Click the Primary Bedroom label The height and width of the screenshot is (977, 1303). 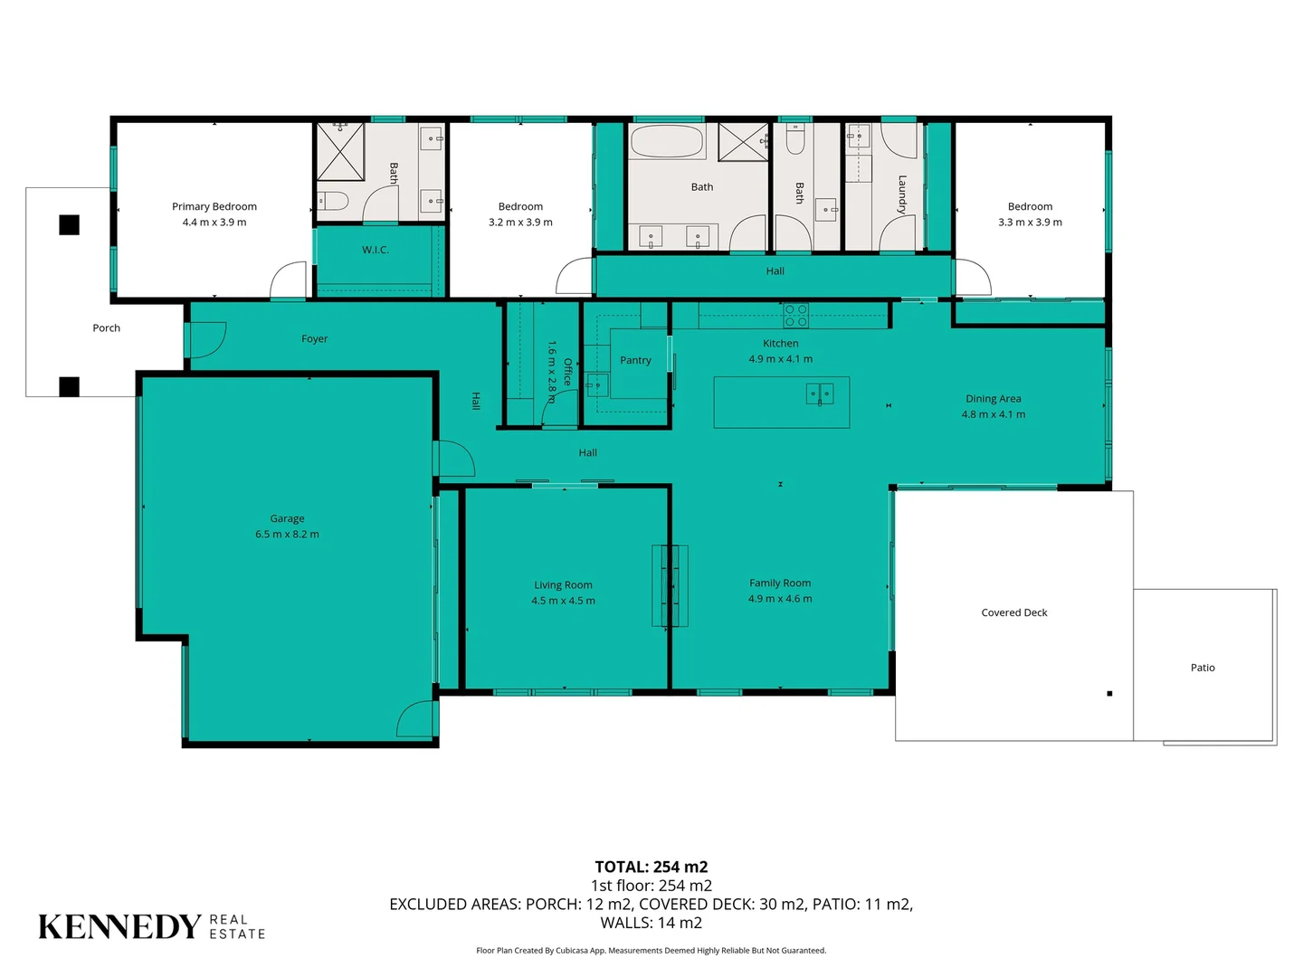pyautogui.click(x=214, y=206)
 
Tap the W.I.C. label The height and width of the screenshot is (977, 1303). pyautogui.click(x=376, y=250)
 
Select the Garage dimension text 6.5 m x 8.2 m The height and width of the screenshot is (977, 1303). pyautogui.click(x=288, y=534)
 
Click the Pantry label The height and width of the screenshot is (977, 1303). pyautogui.click(x=635, y=360)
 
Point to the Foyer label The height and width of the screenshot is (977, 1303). pyautogui.click(x=314, y=338)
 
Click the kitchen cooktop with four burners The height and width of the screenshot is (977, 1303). pyautogui.click(x=795, y=316)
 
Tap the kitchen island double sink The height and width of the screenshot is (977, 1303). pyautogui.click(x=820, y=394)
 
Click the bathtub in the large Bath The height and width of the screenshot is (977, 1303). pyautogui.click(x=667, y=141)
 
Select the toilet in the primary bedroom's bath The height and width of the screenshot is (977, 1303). pyautogui.click(x=332, y=201)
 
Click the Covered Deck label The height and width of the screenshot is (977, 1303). pyautogui.click(x=1014, y=612)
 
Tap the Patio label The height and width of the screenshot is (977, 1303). pyautogui.click(x=1203, y=668)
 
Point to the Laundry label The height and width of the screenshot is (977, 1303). pyautogui.click(x=902, y=194)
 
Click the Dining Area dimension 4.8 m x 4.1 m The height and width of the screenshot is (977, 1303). pyautogui.click(x=994, y=414)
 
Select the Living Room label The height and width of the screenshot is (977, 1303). pyautogui.click(x=563, y=585)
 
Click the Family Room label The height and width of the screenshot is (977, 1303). pyautogui.click(x=780, y=583)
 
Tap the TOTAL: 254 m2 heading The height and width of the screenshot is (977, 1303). pyautogui.click(x=651, y=867)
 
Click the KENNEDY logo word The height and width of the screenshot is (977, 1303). pyautogui.click(x=120, y=926)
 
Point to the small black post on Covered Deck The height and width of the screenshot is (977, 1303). pyautogui.click(x=1109, y=694)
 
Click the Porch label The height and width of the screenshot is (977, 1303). pyautogui.click(x=106, y=328)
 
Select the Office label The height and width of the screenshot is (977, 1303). pyautogui.click(x=567, y=373)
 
